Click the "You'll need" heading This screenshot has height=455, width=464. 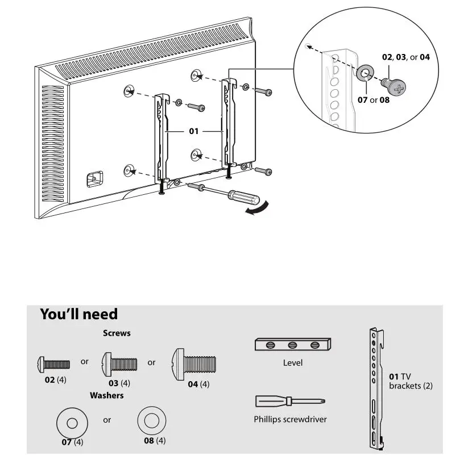coord(78,314)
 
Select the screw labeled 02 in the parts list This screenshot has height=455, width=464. coord(53,363)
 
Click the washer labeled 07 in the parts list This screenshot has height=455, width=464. coord(72,423)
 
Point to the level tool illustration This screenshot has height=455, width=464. coord(293,344)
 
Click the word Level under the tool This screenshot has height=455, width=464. coord(293,362)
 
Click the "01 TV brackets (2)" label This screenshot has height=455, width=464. coord(410,381)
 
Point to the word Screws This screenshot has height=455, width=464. coord(117,333)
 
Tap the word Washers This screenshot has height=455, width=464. coord(106,395)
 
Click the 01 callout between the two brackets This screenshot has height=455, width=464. coord(194,131)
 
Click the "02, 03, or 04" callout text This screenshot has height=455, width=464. coord(405,57)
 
